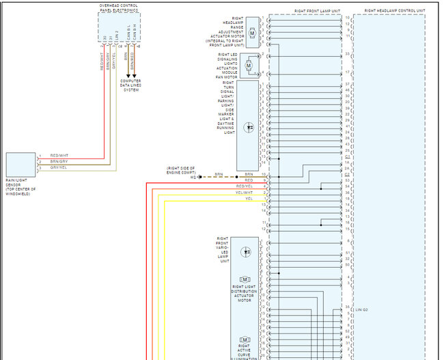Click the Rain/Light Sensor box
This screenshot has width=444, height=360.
click(x=20, y=164)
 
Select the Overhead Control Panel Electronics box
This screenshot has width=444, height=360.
click(x=119, y=28)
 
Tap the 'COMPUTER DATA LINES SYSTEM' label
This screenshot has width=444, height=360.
click(x=131, y=85)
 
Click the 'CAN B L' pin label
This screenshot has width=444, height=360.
click(x=128, y=36)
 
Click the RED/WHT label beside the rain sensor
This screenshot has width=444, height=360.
click(x=59, y=156)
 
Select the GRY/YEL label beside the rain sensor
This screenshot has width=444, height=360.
click(x=59, y=167)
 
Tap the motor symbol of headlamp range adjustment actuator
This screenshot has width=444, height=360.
click(x=252, y=33)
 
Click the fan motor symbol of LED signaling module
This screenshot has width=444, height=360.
click(x=249, y=65)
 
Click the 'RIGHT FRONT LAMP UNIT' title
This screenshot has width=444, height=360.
click(x=317, y=11)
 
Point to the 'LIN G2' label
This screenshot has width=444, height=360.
click(x=362, y=309)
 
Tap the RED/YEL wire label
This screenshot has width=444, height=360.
click(x=244, y=186)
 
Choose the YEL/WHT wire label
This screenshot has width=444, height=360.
click(x=244, y=192)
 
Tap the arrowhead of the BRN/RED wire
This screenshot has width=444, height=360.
click(x=135, y=76)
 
